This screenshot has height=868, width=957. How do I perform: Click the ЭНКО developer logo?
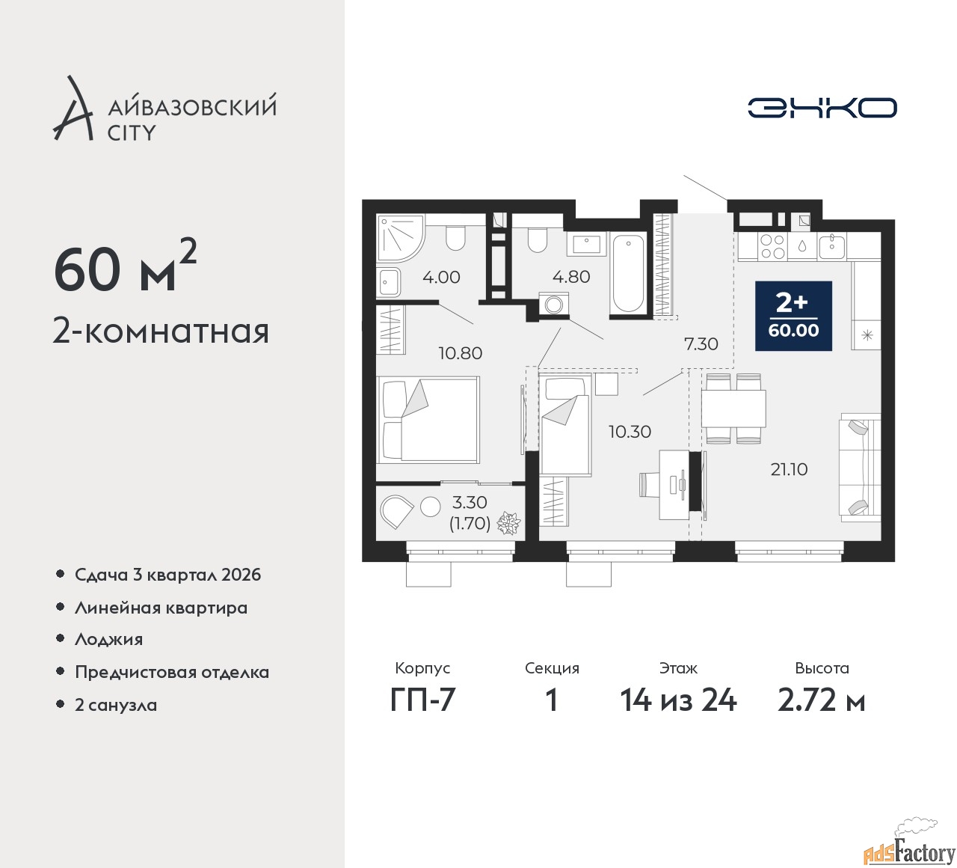coord(822,108)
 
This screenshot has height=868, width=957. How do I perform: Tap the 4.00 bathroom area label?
coord(441,277)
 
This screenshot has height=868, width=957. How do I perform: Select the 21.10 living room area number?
coord(789,469)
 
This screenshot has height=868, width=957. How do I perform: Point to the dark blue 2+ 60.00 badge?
coord(793,316)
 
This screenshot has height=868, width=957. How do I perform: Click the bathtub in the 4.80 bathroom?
coord(628,274)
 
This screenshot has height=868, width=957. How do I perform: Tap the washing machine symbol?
coord(553,304)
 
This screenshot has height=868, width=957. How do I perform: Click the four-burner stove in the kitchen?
coord(772,247)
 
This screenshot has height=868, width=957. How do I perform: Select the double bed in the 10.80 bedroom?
coord(428,420)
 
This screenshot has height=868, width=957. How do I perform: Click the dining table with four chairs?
coord(733,408)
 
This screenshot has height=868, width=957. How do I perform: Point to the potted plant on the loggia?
coord(508,523)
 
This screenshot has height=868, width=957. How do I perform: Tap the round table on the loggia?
coord(430,507)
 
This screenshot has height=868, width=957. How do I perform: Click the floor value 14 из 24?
coord(678,700)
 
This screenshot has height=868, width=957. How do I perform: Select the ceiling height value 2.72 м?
coord(822,700)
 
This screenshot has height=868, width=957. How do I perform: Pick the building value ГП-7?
coord(422,700)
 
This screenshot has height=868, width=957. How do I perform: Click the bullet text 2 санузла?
coord(116,705)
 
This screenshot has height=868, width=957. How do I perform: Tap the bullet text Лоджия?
coord(108,639)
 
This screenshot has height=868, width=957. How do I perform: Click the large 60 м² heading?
coord(126,269)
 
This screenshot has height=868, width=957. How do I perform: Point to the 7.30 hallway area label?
coord(701,343)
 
